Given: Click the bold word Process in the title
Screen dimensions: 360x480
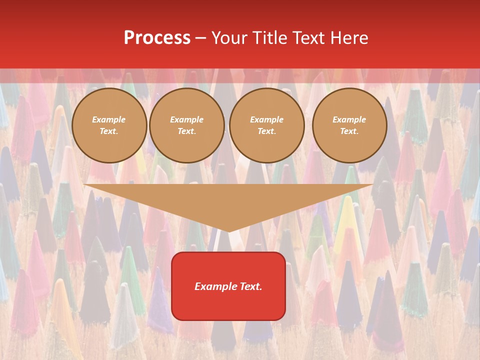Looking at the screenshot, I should pyautogui.click(x=157, y=38).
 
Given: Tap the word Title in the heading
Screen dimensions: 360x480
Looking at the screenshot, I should pyautogui.click(x=269, y=38).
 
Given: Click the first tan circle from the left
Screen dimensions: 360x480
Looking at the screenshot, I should pyautogui.click(x=109, y=125).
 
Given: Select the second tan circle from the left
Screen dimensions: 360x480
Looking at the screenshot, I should pyautogui.click(x=187, y=125).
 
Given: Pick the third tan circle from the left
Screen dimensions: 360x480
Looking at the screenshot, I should pyautogui.click(x=267, y=125).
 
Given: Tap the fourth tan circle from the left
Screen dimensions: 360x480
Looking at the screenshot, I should pyautogui.click(x=349, y=125).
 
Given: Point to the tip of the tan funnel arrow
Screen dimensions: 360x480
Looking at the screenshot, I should pyautogui.click(x=228, y=231).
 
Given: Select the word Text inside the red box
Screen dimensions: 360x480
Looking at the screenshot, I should pyautogui.click(x=250, y=286).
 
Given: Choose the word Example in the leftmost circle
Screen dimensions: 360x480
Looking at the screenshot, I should pyautogui.click(x=109, y=120).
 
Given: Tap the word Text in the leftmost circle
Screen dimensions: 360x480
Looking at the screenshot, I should pyautogui.click(x=108, y=131).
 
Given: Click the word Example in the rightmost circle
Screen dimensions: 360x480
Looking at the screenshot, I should pyautogui.click(x=349, y=120).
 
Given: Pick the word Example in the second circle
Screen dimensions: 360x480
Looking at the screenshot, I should pyautogui.click(x=187, y=120).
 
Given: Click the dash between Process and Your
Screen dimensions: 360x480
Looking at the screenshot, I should pyautogui.click(x=200, y=38).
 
